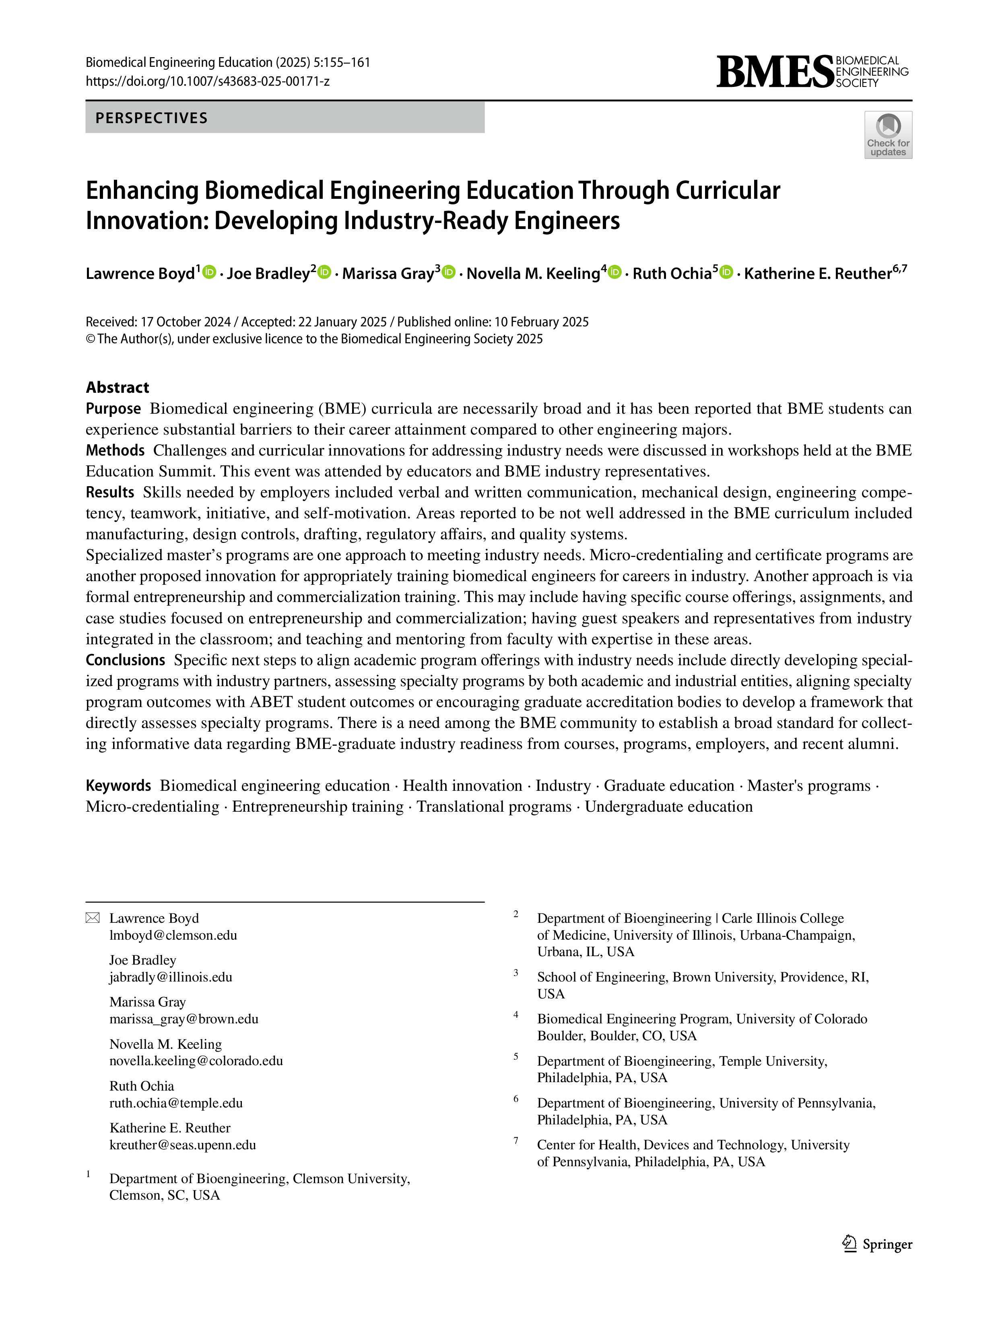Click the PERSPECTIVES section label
(x=152, y=118)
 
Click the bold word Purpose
(x=113, y=409)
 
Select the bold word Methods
(x=115, y=450)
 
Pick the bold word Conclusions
(x=125, y=660)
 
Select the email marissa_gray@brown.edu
(x=184, y=1019)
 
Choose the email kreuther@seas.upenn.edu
(x=183, y=1145)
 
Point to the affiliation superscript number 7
(x=515, y=1140)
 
